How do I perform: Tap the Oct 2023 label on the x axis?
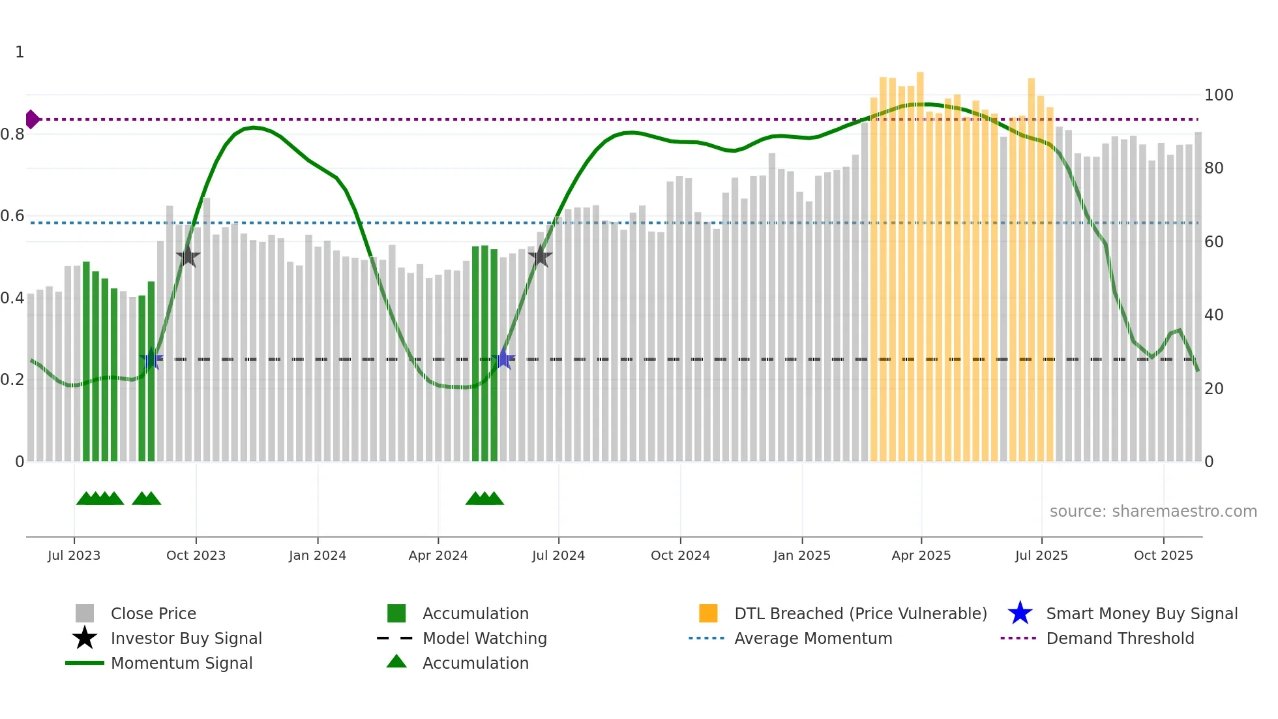pos(196,555)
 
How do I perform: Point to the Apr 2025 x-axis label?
pos(921,555)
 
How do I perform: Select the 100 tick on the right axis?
pos(1218,95)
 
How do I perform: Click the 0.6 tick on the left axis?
pos(12,216)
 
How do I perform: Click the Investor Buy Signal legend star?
pos(85,638)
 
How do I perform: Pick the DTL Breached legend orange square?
pos(708,613)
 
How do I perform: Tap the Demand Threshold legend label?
pos(1120,638)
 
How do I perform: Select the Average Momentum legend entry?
pos(812,638)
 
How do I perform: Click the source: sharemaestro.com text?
pos(1153,511)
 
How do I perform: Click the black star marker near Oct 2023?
pos(188,256)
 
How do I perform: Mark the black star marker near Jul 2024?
pos(540,256)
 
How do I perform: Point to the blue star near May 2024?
pos(503,358)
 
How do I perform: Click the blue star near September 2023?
pos(151,358)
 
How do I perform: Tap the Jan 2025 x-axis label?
pos(801,555)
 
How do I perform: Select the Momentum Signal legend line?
pos(85,663)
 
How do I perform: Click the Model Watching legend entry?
pos(484,638)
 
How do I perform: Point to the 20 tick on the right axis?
pos(1213,389)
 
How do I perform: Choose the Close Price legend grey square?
pos(85,613)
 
